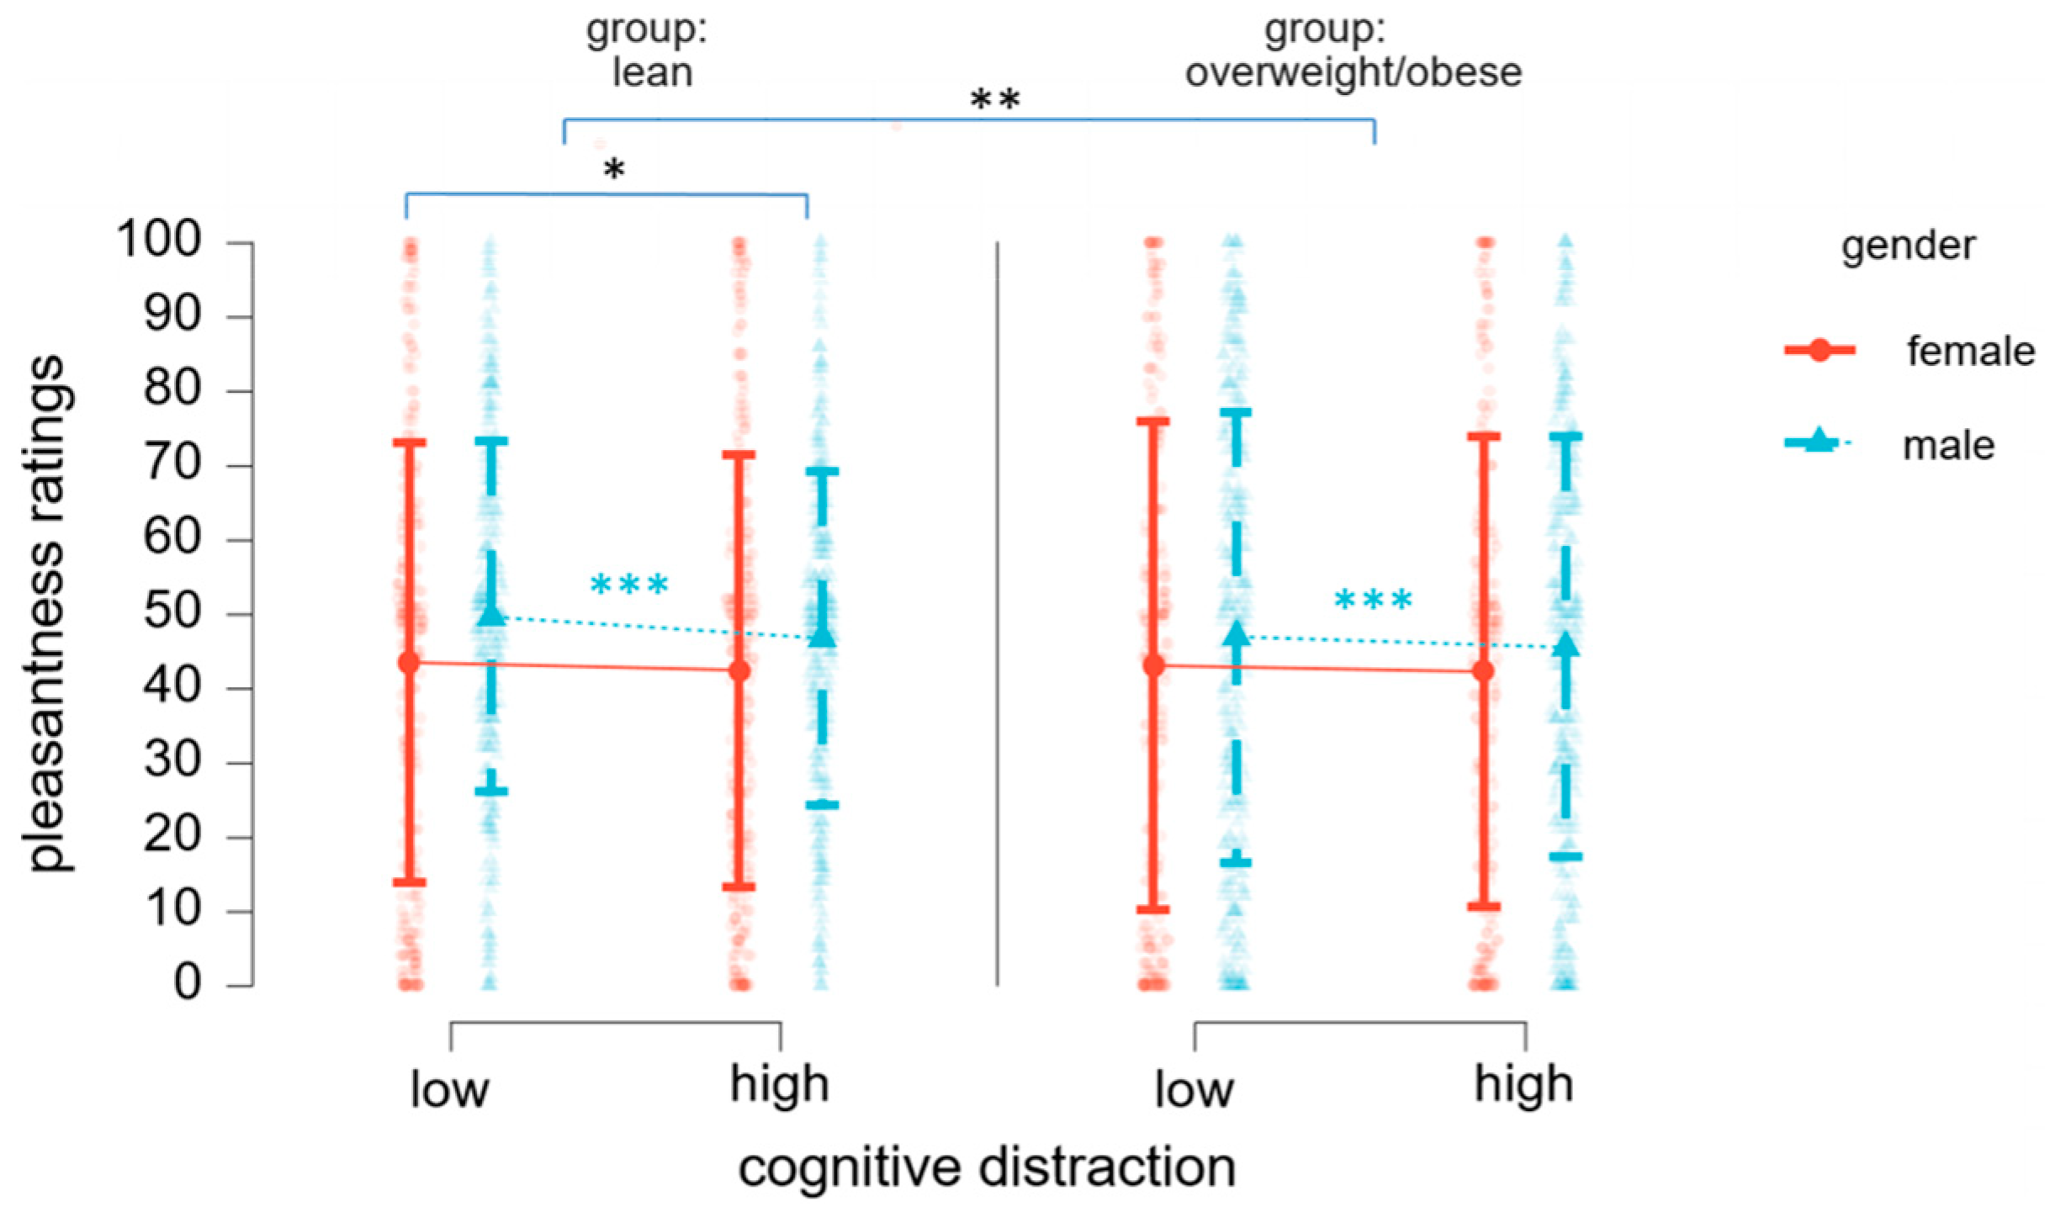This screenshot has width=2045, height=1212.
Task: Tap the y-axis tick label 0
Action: [x=187, y=982]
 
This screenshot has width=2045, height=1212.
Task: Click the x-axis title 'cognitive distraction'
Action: [x=987, y=1168]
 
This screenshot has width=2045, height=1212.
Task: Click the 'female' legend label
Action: [x=1970, y=351]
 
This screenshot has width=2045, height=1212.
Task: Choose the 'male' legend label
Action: [x=1948, y=446]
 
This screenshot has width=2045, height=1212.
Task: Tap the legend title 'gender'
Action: [x=1908, y=246]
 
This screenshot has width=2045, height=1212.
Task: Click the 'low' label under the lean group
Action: [x=449, y=1090]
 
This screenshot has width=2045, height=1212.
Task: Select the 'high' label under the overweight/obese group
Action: [x=1523, y=1085]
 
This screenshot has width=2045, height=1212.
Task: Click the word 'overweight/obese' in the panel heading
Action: [x=1353, y=73]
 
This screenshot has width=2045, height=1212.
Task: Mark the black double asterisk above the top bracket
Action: [x=995, y=101]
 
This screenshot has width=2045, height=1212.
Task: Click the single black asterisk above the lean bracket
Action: [x=614, y=170]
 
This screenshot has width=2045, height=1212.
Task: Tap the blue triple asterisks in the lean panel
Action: [x=629, y=585]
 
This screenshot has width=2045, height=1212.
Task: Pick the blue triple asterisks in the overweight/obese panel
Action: [x=1373, y=601]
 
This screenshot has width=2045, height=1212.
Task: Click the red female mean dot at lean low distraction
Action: [x=410, y=663]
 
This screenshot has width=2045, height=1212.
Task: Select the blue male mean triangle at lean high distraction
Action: [x=822, y=636]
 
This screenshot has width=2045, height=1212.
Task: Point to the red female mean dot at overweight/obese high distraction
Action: [x=1484, y=671]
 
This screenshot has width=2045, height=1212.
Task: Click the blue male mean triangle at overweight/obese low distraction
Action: [x=1236, y=633]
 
